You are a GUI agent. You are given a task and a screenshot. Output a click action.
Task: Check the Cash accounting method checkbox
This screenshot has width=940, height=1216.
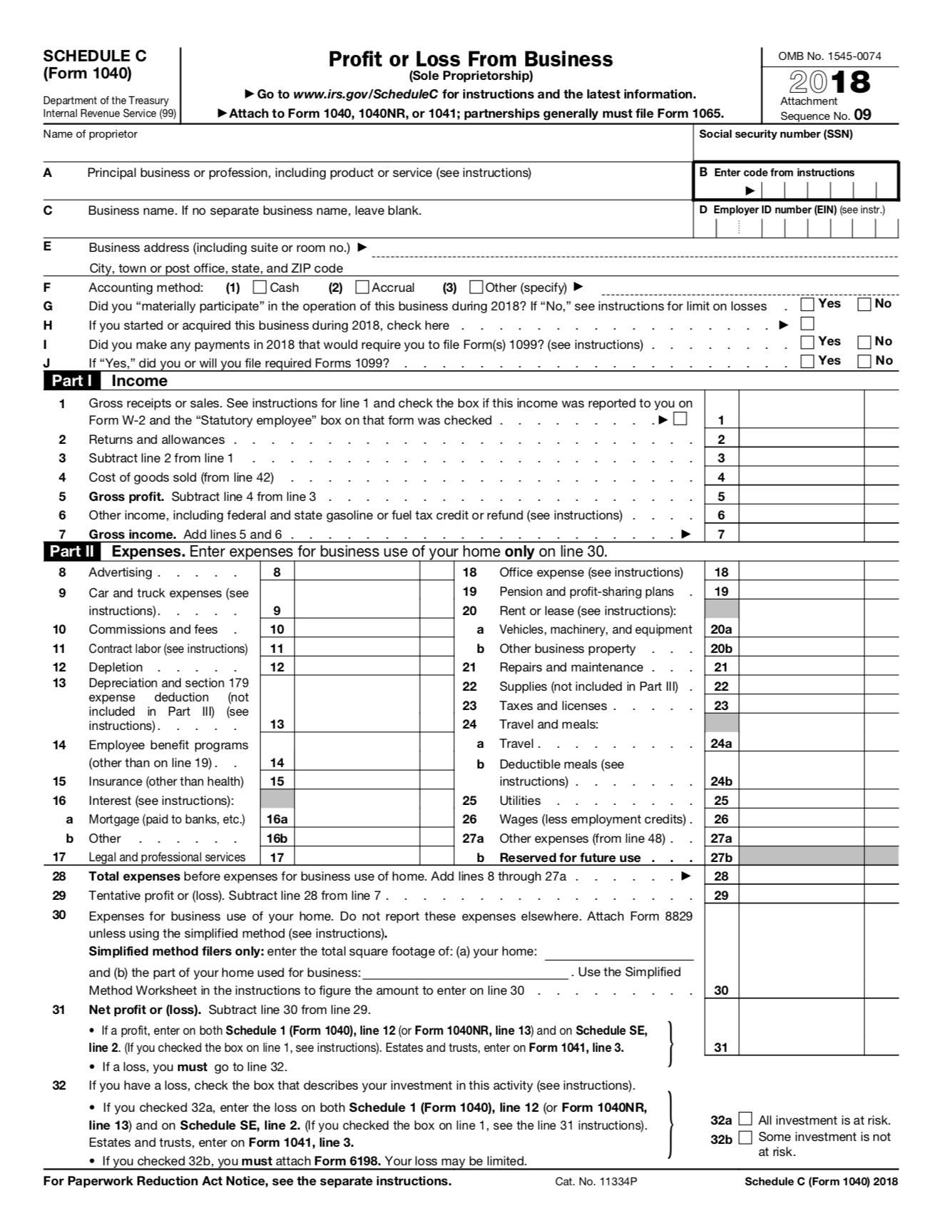(x=260, y=288)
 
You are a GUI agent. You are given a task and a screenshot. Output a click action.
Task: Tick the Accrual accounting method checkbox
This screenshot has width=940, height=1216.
(x=362, y=288)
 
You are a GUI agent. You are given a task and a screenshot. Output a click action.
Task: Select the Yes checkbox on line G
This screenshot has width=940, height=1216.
(x=807, y=305)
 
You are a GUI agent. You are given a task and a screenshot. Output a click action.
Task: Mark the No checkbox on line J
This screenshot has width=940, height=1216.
(x=864, y=361)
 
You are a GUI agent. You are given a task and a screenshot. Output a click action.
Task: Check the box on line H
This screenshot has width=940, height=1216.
(x=807, y=324)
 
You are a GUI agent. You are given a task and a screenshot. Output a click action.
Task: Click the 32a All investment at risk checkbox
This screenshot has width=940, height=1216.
(x=745, y=1120)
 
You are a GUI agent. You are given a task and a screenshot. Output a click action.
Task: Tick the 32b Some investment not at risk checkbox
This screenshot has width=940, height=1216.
(x=745, y=1137)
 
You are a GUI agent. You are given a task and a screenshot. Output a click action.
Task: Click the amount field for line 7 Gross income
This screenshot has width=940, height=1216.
(x=800, y=533)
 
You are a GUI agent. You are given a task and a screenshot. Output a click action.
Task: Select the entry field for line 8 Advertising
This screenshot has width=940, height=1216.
(x=357, y=572)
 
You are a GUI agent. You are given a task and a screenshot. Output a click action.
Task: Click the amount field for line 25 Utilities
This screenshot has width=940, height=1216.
(x=800, y=800)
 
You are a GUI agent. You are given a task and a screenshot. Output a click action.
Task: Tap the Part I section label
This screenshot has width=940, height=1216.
(x=71, y=380)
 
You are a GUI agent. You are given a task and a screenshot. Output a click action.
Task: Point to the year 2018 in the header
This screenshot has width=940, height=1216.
(x=829, y=81)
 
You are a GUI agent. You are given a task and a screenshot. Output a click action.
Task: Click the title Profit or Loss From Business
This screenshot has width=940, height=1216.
(x=470, y=59)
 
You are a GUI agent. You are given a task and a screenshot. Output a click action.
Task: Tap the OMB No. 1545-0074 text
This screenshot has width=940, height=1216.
(x=829, y=56)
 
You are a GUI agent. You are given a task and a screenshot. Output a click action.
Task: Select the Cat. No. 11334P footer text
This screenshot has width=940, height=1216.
(x=596, y=1181)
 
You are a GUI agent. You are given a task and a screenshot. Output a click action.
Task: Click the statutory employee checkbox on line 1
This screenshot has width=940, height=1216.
(x=680, y=419)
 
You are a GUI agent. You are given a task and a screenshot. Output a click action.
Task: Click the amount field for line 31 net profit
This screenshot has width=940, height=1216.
(x=800, y=1047)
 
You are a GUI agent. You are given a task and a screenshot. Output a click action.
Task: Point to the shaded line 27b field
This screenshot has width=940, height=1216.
(x=818, y=857)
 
